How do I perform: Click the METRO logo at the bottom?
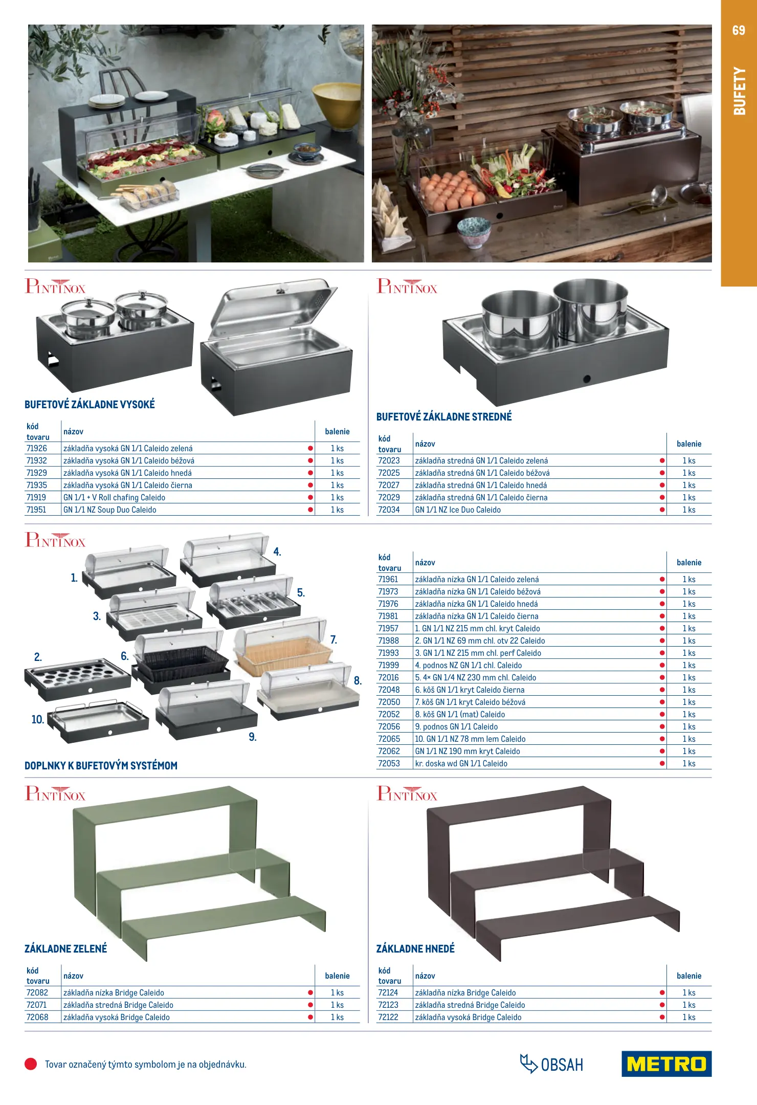coord(666,1064)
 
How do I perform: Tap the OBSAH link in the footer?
coord(551,1064)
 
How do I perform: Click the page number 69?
coord(739,30)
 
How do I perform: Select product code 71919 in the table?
coord(36,497)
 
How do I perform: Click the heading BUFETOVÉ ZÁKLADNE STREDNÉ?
coord(444,416)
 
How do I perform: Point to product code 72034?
coord(389,510)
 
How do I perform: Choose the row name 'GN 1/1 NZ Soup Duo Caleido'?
coord(110,510)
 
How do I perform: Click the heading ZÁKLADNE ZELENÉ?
coord(66,948)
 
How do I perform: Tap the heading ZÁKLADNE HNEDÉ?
coord(415,948)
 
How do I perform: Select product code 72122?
coord(388,1017)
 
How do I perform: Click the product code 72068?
coord(37,1017)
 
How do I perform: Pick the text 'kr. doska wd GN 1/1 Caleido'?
coord(461,763)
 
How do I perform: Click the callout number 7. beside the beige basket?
coord(333,639)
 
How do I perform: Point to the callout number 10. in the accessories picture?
coord(38,719)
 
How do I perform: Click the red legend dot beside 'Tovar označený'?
coord(31,1064)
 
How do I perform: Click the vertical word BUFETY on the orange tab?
coord(739,91)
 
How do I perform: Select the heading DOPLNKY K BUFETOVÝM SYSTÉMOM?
coord(101,765)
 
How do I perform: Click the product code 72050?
coord(389,702)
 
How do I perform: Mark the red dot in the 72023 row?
coord(662,460)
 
